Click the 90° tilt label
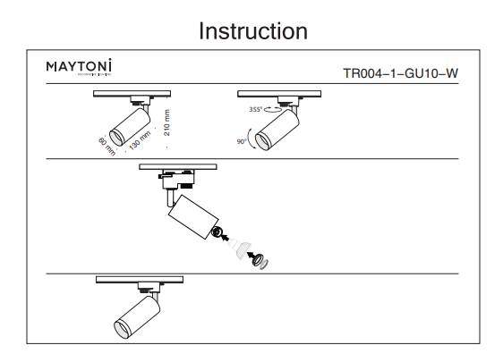tap(242, 142)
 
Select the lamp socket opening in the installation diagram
tap(217, 232)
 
